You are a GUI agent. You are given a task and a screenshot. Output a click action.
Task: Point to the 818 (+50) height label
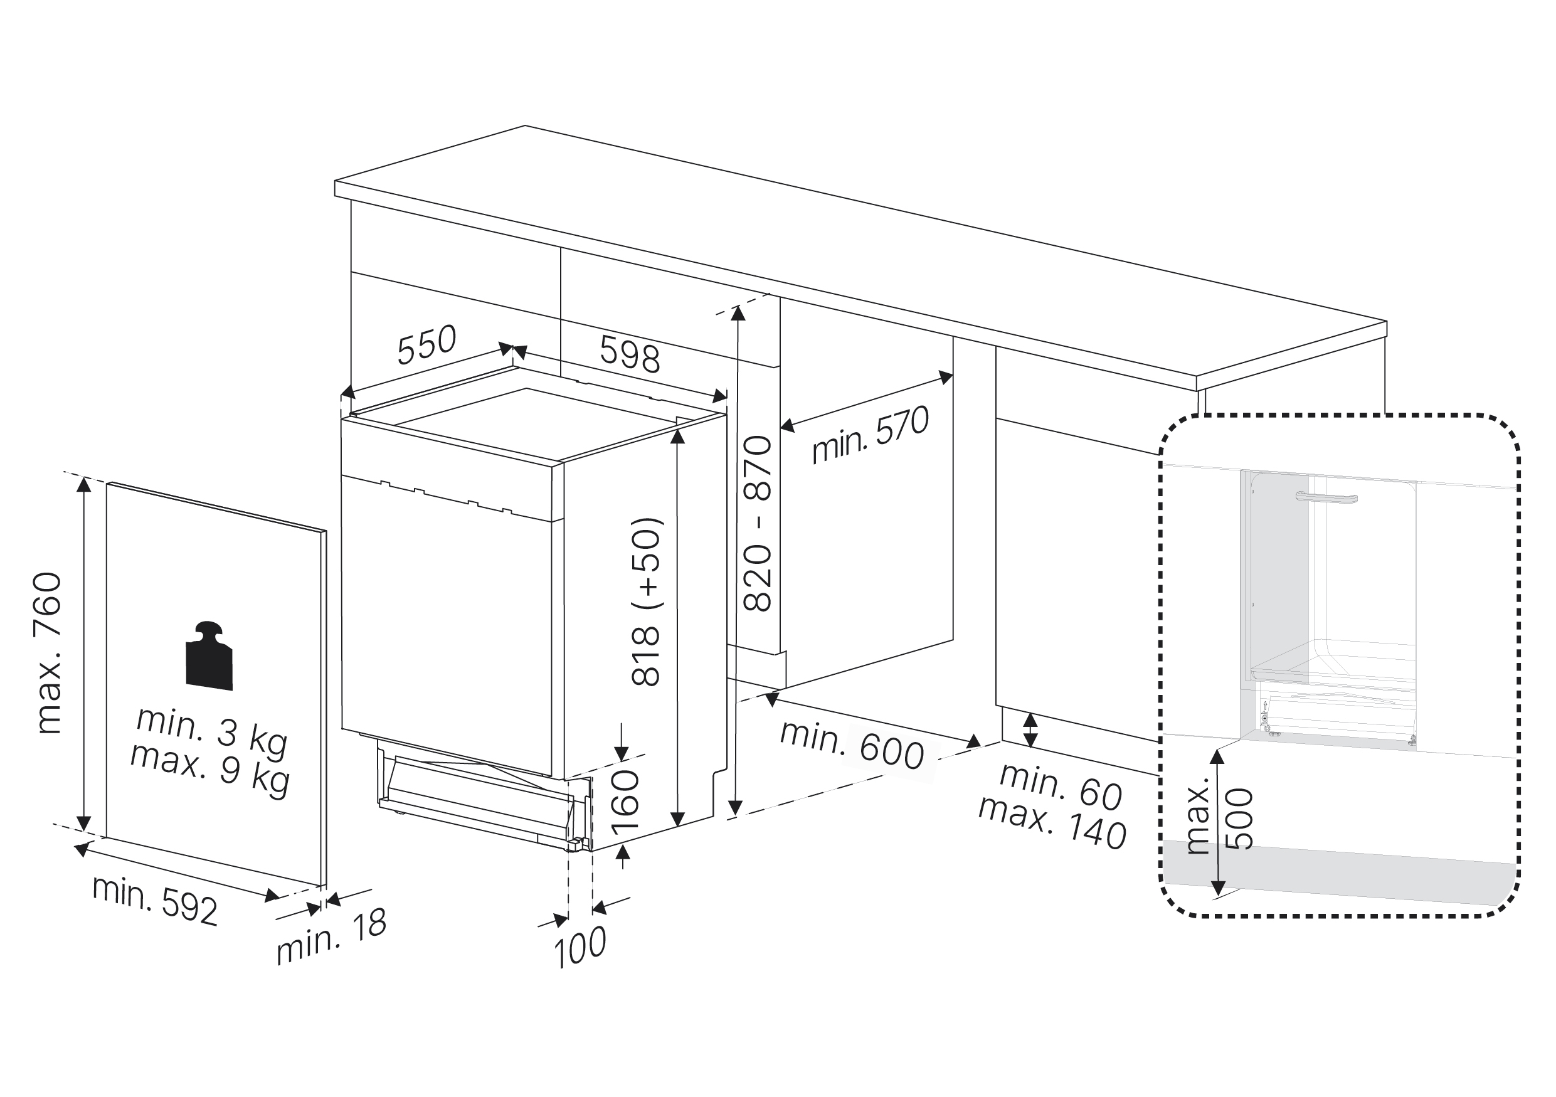(646, 601)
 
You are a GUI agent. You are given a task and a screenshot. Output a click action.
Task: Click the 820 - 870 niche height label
(758, 524)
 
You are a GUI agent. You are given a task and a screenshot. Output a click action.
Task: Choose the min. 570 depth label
(870, 435)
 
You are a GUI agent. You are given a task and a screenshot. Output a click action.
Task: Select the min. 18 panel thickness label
(331, 936)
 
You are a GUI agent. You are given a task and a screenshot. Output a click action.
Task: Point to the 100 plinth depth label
(580, 947)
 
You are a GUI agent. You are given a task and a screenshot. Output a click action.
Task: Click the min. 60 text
(1061, 788)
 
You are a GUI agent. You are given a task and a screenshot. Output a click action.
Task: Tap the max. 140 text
(1052, 824)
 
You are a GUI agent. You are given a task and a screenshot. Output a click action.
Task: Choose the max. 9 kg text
(210, 770)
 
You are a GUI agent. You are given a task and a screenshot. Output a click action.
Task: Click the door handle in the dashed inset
(1326, 498)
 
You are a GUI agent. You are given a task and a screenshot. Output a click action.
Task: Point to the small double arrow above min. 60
(1030, 729)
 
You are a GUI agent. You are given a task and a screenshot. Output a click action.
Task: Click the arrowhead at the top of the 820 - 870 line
(738, 313)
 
